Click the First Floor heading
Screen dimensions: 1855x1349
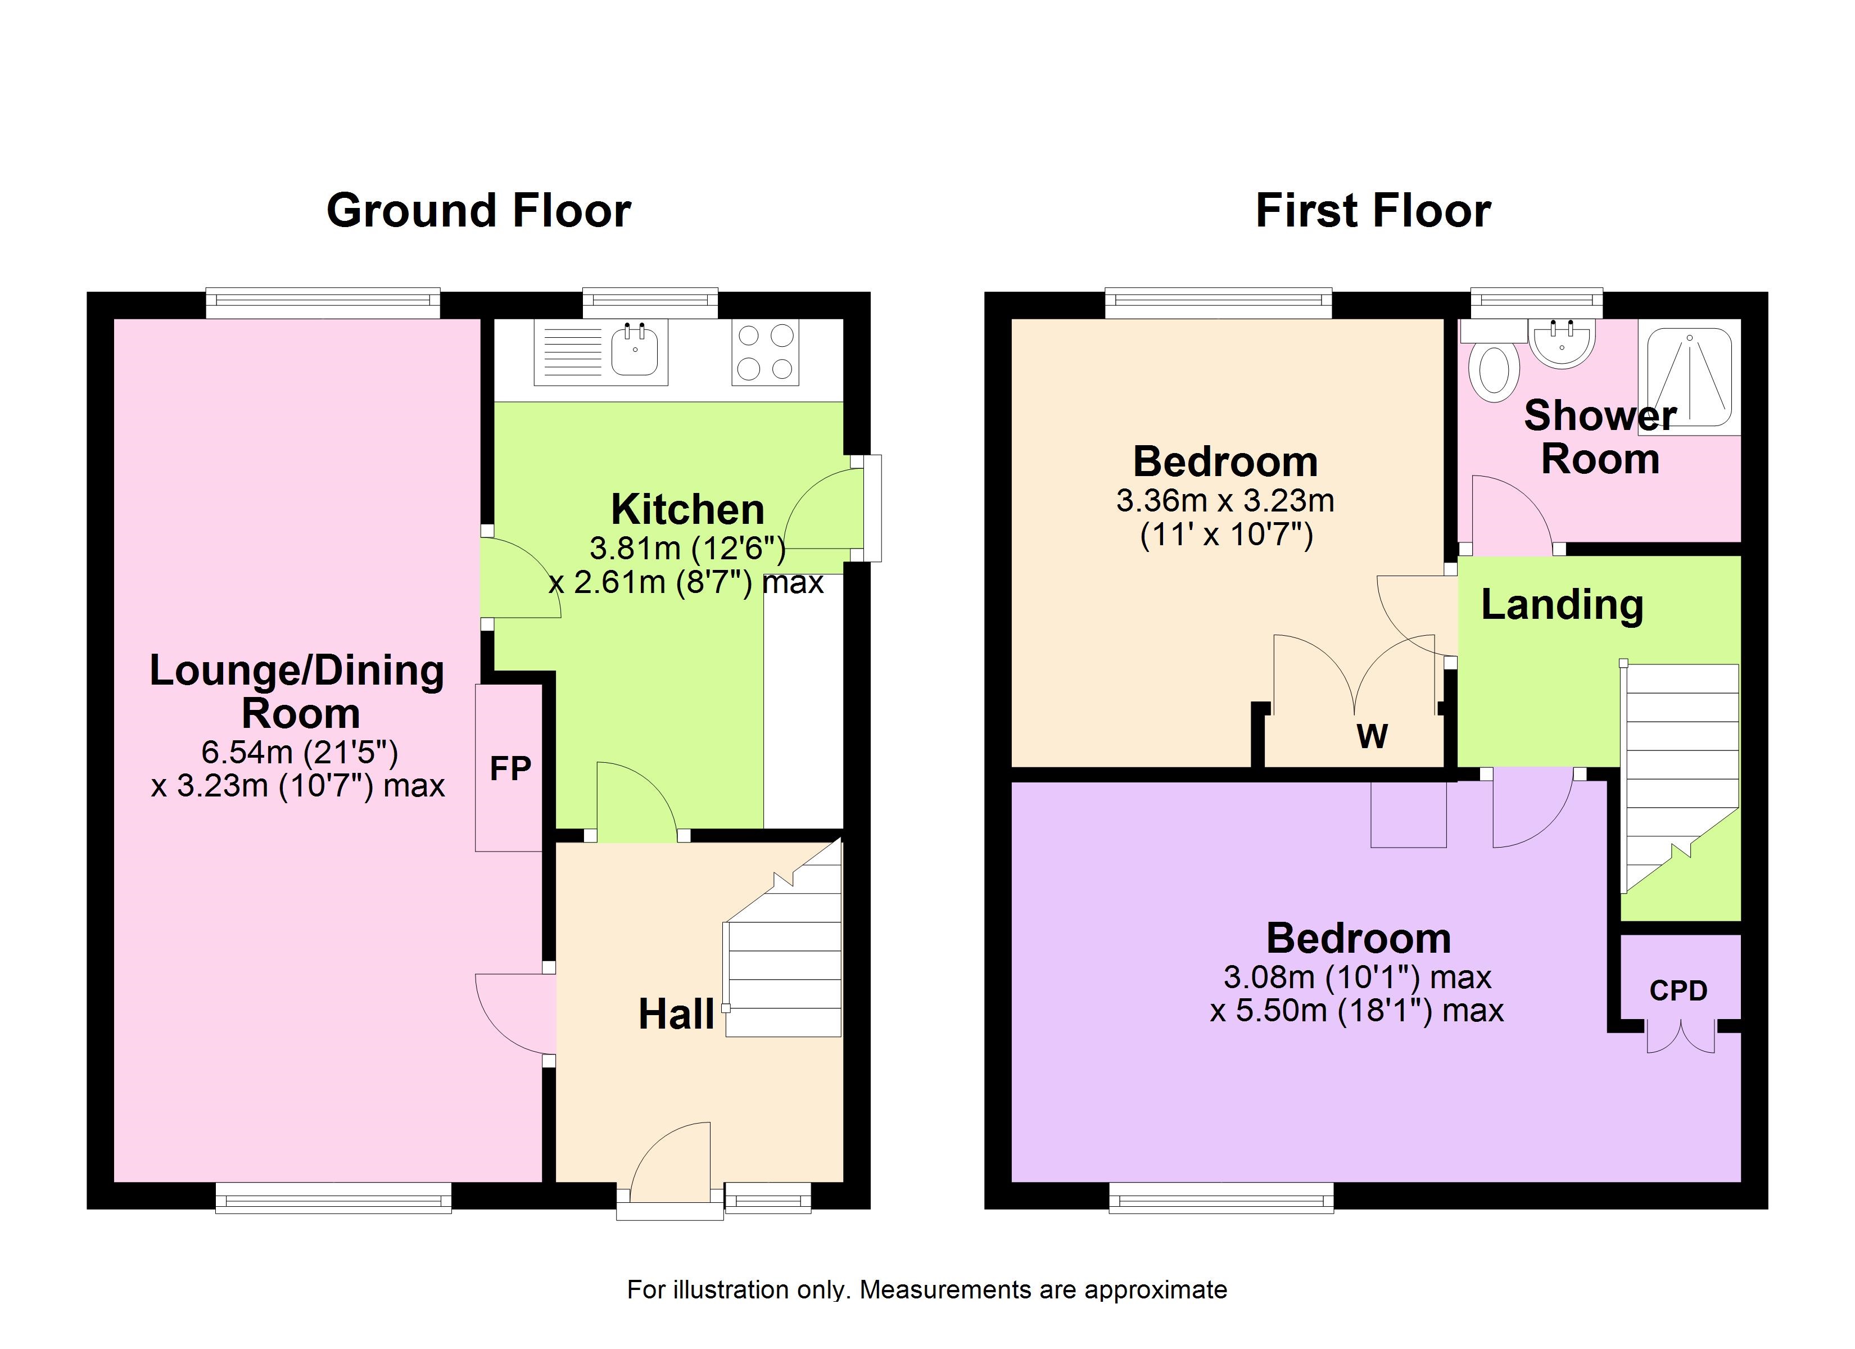click(1373, 211)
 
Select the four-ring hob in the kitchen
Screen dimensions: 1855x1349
click(764, 352)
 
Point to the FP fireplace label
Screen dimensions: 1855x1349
click(510, 768)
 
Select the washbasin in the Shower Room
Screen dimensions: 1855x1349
click(1562, 343)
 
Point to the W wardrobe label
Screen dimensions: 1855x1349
click(1373, 736)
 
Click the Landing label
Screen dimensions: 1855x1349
click(1562, 605)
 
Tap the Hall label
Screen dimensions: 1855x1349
click(676, 1015)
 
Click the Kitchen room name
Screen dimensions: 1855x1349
click(688, 510)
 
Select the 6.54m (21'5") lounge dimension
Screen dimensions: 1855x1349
click(300, 752)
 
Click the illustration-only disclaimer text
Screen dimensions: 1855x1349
click(927, 1290)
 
